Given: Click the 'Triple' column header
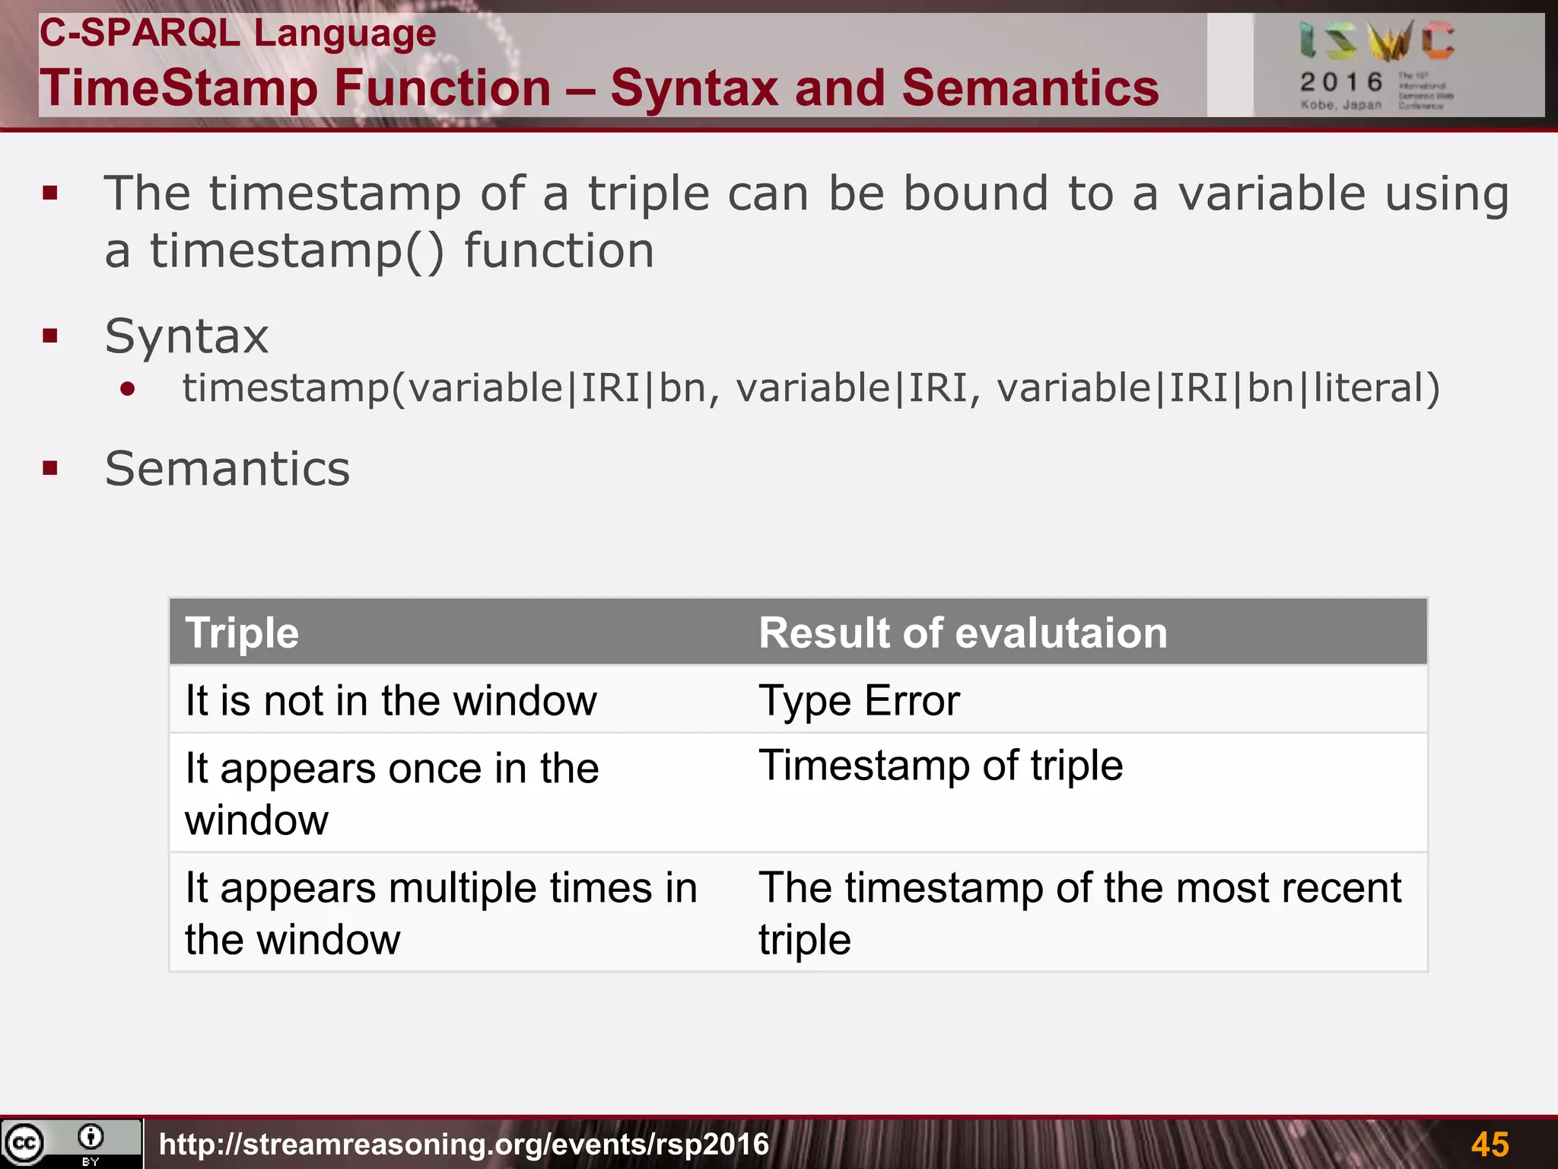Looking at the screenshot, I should pyautogui.click(x=242, y=633).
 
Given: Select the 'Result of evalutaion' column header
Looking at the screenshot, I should pyautogui.click(x=962, y=633).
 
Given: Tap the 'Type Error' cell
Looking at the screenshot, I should pyautogui.click(x=859, y=700).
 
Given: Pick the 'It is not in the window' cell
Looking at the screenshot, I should pyautogui.click(x=391, y=700).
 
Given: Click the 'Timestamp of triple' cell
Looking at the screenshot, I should pyautogui.click(x=940, y=766).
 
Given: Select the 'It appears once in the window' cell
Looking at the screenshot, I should pyautogui.click(x=391, y=793).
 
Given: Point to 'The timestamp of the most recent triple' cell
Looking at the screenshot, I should pyautogui.click(x=1079, y=913).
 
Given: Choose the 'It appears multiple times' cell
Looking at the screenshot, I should pyautogui.click(x=440, y=913).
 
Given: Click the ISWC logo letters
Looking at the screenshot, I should pyautogui.click(x=1376, y=42).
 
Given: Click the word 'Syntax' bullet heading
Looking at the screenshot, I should pyautogui.click(x=186, y=336).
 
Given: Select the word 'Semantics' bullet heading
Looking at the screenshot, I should pyautogui.click(x=227, y=469).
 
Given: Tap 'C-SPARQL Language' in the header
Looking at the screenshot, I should pyautogui.click(x=237, y=33).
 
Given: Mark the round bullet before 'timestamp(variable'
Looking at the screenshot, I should pyautogui.click(x=128, y=390).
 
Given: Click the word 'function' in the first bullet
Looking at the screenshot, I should pyautogui.click(x=559, y=251).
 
